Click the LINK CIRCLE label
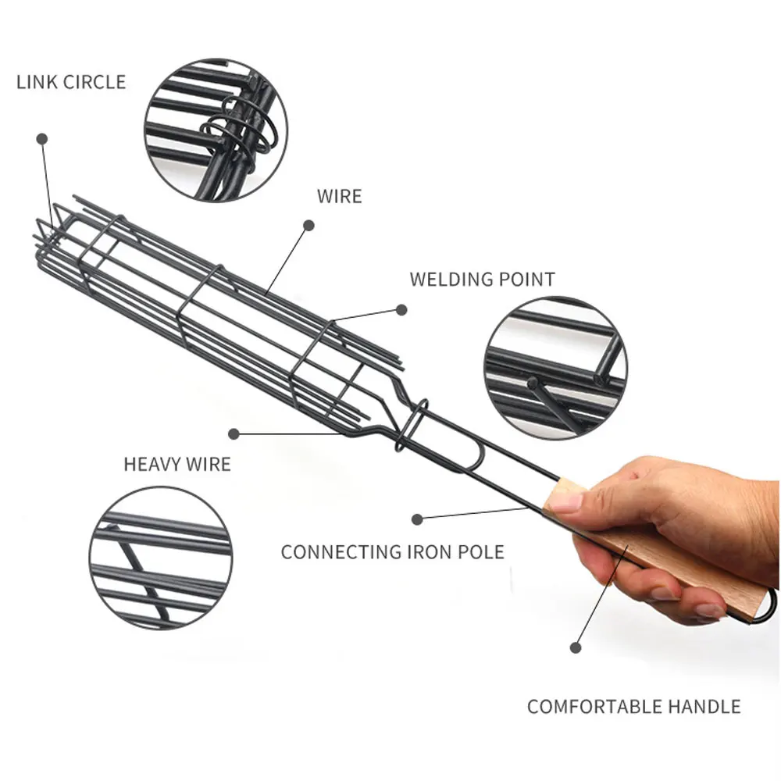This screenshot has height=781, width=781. tap(71, 82)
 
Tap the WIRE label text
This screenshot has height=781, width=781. tap(339, 195)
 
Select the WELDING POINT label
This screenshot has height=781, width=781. tap(482, 280)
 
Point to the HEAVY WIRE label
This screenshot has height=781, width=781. tap(177, 464)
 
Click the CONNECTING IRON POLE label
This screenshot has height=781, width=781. tap(392, 552)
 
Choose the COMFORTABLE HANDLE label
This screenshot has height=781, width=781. tap(633, 708)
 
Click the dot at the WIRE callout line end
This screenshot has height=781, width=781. tap(308, 225)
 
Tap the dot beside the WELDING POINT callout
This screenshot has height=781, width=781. tap(401, 309)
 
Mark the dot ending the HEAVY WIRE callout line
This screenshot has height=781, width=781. tap(234, 433)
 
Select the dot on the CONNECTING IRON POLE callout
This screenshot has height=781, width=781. tap(417, 518)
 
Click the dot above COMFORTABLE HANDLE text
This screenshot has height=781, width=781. tap(576, 647)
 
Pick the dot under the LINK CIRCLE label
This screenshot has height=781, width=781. tap(41, 137)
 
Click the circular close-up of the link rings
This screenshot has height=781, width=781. tap(216, 130)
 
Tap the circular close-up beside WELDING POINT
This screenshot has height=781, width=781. tap(555, 367)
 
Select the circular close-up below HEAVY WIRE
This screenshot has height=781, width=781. tap(160, 558)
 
